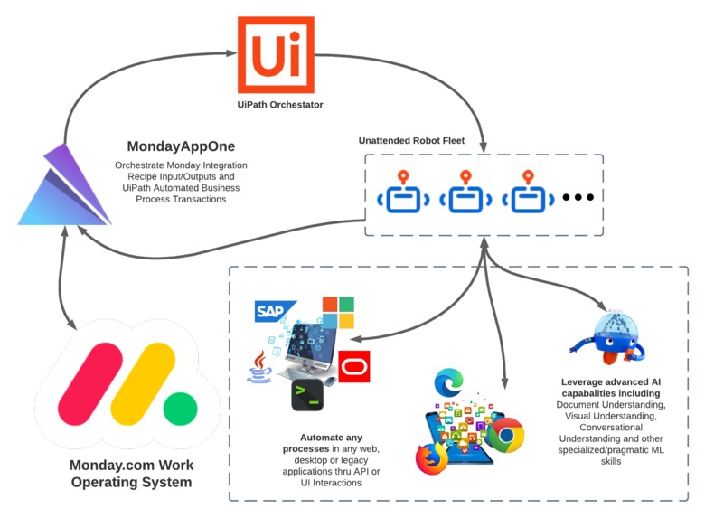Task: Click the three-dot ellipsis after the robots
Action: pos(578,197)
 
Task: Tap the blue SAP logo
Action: pos(275,313)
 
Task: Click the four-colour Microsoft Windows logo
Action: pos(339,312)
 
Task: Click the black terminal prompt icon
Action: pos(306,394)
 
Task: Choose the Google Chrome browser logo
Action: pos(508,436)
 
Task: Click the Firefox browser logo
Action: pos(432,457)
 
